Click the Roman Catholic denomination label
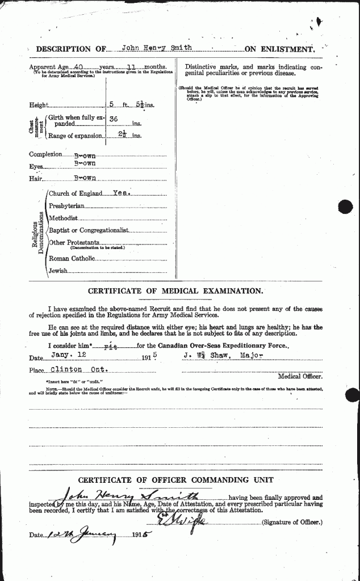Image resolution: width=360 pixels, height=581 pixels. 72,258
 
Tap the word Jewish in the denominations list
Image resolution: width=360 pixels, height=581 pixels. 59,271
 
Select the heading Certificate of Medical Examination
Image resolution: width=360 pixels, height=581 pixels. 176,291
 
